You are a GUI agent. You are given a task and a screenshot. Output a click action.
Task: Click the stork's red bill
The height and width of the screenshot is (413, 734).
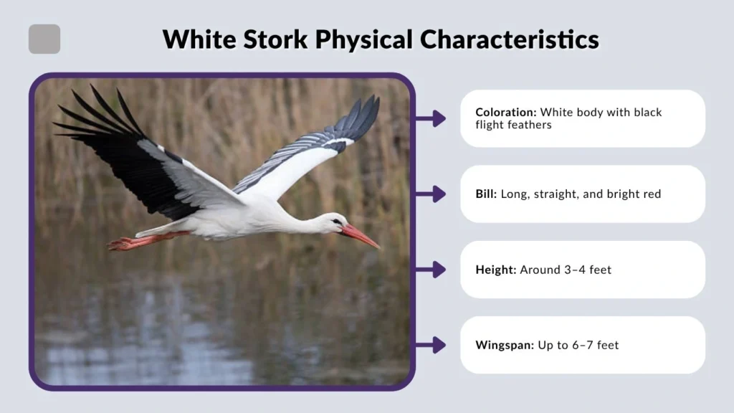361,236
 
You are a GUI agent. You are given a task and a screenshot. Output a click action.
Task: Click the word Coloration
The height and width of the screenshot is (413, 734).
505,113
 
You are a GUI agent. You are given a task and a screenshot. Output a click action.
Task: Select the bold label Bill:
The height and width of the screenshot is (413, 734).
486,194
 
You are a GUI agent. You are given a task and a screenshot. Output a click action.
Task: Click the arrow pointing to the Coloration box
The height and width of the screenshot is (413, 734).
432,118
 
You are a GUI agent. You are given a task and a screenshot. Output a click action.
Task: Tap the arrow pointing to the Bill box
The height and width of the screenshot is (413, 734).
432,194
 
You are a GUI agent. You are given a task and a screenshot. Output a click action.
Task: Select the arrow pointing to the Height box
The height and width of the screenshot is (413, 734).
432,270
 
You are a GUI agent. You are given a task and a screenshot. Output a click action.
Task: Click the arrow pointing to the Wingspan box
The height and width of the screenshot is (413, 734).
432,345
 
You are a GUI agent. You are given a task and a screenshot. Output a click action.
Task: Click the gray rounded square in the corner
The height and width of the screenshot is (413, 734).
44,39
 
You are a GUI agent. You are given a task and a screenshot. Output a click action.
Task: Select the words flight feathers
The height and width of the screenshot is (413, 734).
512,125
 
